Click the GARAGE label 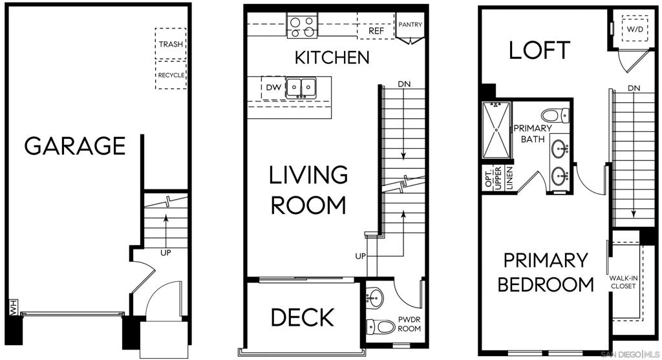click(75, 145)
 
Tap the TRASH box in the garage click(171, 43)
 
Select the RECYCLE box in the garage click(171, 75)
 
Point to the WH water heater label click(13, 307)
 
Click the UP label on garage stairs click(165, 253)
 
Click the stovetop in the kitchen click(303, 26)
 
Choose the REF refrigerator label click(376, 31)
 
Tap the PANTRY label click(410, 25)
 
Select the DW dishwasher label click(273, 87)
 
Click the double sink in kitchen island click(301, 88)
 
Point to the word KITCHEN click(332, 58)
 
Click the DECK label click(303, 317)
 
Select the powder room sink click(373, 297)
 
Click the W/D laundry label click(635, 29)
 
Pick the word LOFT click(540, 50)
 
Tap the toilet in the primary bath click(555, 115)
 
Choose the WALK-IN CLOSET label click(623, 282)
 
